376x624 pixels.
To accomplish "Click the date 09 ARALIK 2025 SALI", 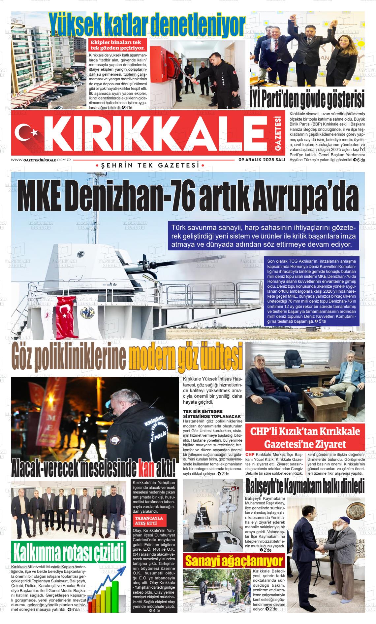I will [x=262, y=160].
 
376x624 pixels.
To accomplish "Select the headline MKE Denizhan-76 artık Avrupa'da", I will [x=188, y=196].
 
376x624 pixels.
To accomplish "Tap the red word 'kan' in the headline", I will [x=147, y=467].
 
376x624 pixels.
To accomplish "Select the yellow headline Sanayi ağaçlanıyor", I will [x=234, y=561].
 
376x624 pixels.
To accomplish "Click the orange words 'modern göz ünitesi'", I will [x=185, y=357].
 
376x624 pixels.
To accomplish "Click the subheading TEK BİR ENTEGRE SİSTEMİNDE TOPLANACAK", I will [x=212, y=414].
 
